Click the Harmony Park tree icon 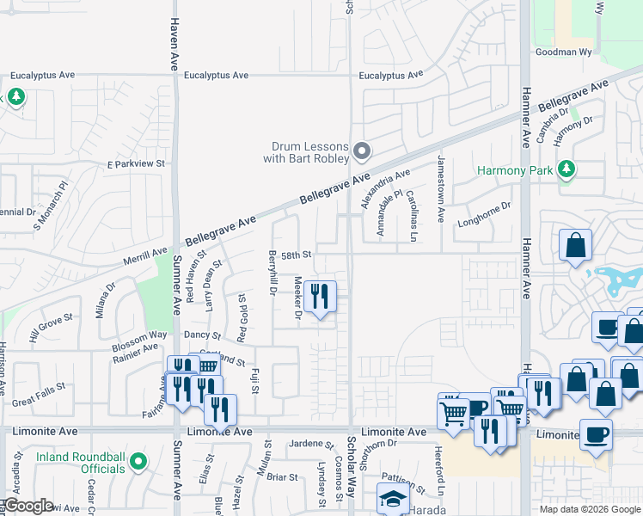566,170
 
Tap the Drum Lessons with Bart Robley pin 362,152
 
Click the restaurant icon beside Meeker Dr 321,298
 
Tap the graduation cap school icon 393,498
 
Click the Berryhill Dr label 272,274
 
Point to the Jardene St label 305,444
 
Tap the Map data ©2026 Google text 589,509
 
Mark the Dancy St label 202,335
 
